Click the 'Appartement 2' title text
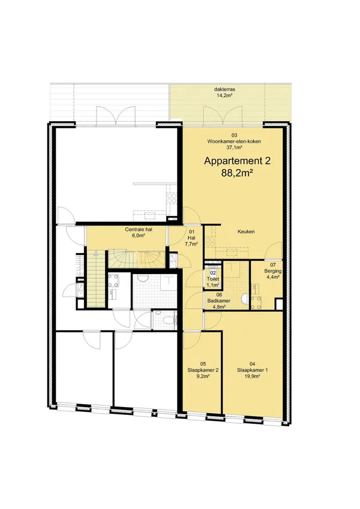[x=237, y=161]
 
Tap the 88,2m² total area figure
[x=238, y=173]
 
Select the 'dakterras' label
[x=223, y=89]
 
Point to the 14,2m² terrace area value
[x=223, y=95]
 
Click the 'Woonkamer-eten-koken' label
[x=234, y=141]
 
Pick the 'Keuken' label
[x=246, y=232]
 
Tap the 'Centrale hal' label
[x=139, y=230]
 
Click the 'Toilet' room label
[x=213, y=279]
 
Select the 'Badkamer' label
[x=219, y=300]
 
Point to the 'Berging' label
[x=273, y=271]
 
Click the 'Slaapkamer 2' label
[x=203, y=370]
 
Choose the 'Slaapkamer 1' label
[x=253, y=370]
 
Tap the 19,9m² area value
[x=253, y=377]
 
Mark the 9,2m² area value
[x=203, y=377]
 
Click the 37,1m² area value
[x=234, y=147]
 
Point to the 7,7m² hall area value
[x=191, y=243]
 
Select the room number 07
[x=273, y=265]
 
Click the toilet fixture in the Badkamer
[x=245, y=299]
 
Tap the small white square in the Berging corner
[x=278, y=304]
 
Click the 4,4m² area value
[x=273, y=277]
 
